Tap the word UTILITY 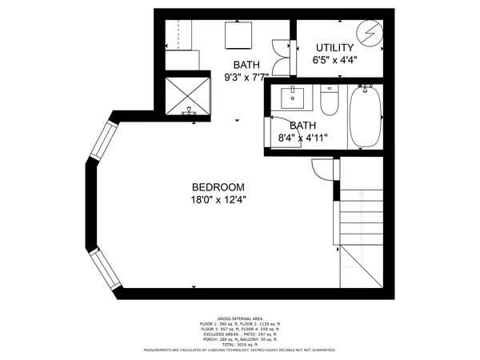point(334,48)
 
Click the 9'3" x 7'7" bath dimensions point(246,78)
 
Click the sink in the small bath point(294,98)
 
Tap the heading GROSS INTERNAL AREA point(239,318)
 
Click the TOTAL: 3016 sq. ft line point(239,344)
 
